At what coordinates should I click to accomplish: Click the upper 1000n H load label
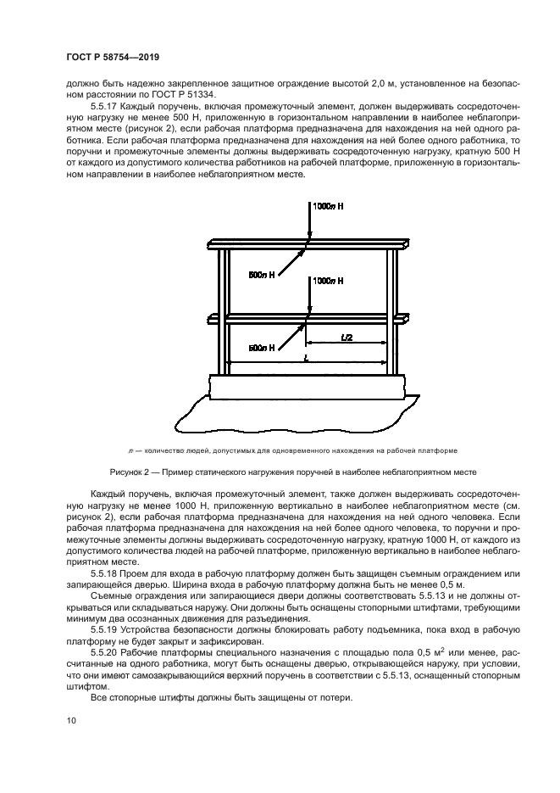point(329,206)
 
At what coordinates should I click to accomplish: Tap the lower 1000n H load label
point(329,280)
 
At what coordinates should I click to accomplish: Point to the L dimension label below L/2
point(306,359)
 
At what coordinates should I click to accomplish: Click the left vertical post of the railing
point(223,314)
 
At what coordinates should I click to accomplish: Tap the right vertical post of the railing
point(392,314)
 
